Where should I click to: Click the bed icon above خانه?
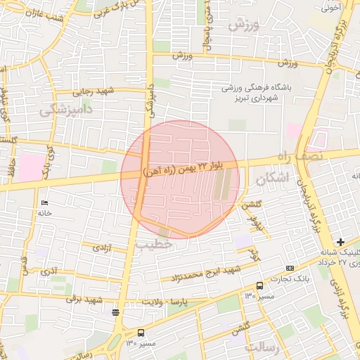[45, 203]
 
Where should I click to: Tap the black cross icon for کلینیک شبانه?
[341, 242]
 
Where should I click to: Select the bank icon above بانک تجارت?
[290, 268]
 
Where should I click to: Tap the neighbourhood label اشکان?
[274, 178]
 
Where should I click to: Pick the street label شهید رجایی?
[96, 91]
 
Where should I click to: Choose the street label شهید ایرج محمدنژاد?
[211, 271]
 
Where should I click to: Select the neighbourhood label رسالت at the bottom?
[262, 348]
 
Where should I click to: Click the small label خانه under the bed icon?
[47, 212]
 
